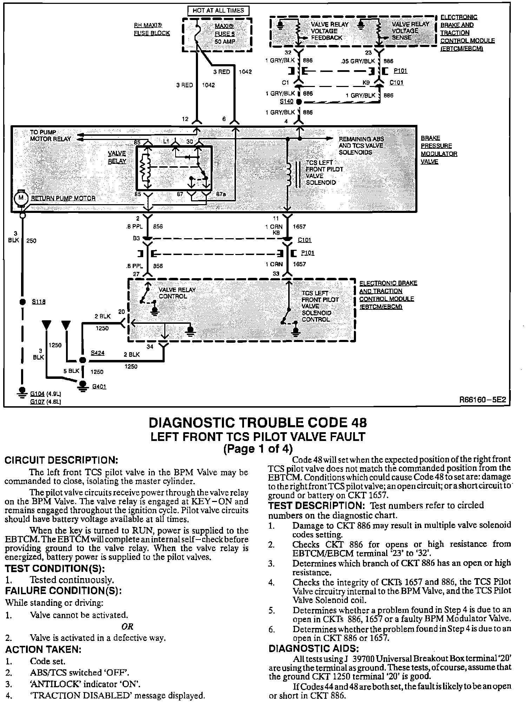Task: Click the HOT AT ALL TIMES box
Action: (218, 11)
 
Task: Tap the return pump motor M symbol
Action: (21, 198)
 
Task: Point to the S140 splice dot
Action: (299, 102)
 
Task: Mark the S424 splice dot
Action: (82, 360)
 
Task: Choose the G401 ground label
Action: (99, 387)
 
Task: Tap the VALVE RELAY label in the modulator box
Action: (117, 158)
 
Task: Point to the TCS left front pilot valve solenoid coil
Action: (289, 174)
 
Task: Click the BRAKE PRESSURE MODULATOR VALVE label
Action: (439, 150)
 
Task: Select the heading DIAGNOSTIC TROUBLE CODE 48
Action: (258, 423)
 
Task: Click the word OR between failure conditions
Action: (127, 627)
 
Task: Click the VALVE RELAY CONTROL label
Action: (177, 293)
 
